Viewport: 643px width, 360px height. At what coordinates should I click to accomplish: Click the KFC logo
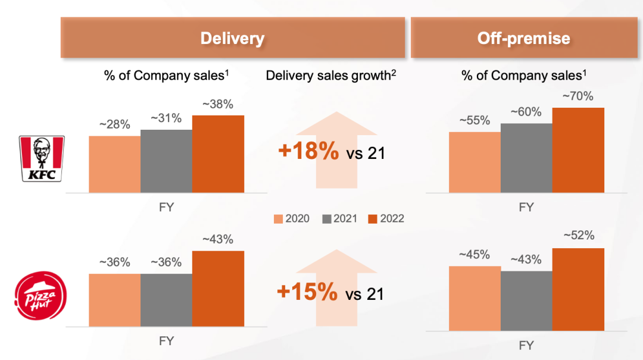42,158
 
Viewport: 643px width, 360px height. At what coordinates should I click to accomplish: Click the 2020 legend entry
292,218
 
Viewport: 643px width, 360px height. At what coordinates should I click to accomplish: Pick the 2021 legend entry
339,218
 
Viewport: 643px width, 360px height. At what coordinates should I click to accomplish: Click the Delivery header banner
232,39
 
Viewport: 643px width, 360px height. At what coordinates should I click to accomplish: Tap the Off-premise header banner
523,39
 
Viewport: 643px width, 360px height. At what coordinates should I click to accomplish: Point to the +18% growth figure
308,152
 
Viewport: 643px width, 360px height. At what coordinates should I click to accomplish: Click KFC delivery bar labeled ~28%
114,164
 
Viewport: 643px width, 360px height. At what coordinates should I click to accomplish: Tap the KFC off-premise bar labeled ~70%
578,150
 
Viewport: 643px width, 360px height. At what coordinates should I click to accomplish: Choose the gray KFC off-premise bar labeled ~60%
526,158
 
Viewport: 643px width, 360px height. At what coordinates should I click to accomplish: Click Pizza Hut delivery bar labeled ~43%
218,289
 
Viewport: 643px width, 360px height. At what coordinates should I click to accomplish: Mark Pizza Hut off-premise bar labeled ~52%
578,289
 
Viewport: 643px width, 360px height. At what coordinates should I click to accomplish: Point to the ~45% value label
474,255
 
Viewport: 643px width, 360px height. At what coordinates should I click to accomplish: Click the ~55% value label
474,121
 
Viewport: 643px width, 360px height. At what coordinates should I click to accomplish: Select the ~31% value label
166,118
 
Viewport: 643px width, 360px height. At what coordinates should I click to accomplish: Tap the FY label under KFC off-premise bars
526,207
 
